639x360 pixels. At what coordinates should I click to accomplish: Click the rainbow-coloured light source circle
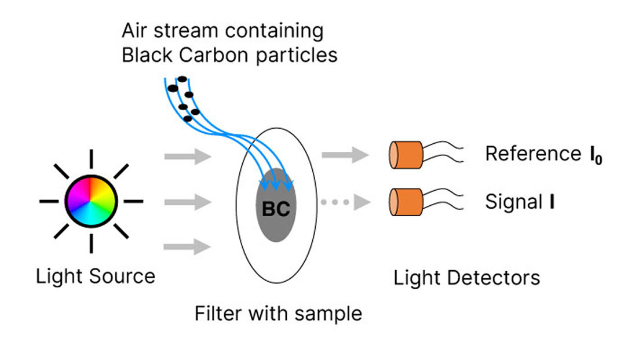92,201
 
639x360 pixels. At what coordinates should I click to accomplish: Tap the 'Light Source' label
96,276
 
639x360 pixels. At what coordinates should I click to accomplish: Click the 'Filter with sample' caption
278,314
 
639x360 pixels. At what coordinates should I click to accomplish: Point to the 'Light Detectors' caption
466,277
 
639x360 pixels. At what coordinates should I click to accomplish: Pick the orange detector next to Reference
406,154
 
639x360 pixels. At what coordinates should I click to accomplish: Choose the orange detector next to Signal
406,202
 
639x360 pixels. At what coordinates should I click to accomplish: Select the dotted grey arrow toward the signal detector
345,202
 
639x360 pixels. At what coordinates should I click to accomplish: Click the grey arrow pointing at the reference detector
345,154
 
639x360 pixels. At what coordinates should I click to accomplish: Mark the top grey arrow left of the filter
186,155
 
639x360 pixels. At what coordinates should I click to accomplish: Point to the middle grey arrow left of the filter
186,202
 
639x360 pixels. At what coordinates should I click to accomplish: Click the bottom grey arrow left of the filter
186,248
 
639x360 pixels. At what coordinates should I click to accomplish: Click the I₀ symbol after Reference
595,155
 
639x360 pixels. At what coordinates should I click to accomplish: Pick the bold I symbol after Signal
552,203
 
